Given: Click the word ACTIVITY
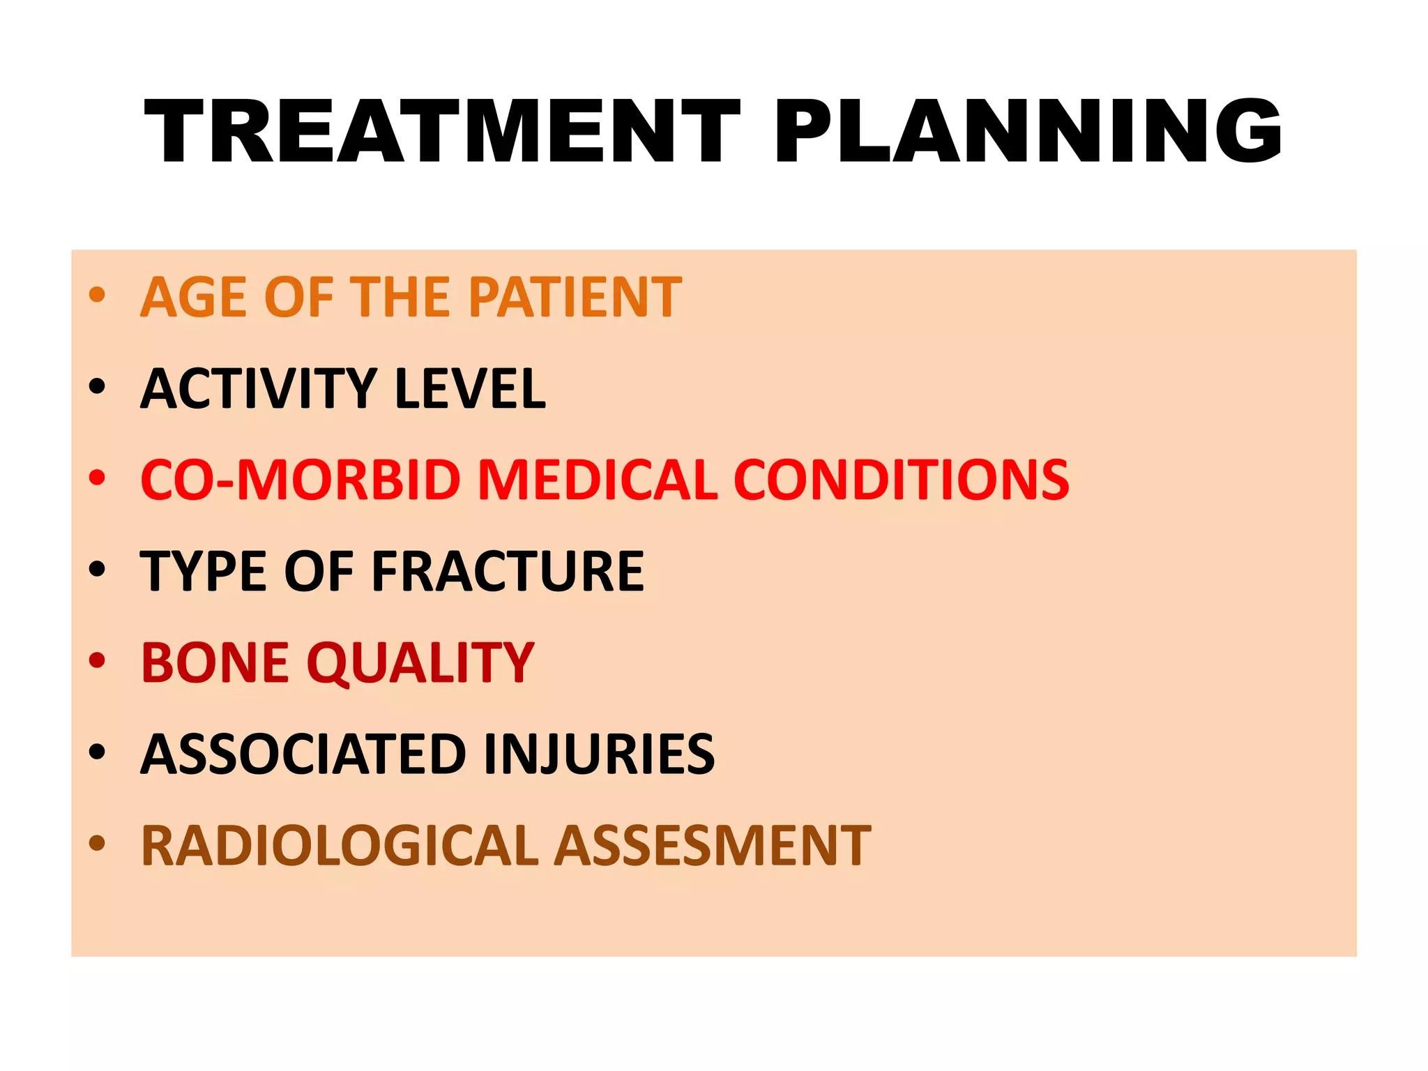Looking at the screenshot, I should click(x=258, y=388).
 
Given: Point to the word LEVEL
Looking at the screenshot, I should click(x=470, y=388).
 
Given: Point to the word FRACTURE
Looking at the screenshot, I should click(x=508, y=571).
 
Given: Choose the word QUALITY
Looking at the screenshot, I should click(x=420, y=662).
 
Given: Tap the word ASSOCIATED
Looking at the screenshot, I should click(x=303, y=754).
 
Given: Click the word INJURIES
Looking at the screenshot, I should click(x=599, y=754).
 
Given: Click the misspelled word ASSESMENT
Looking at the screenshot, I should click(x=713, y=846).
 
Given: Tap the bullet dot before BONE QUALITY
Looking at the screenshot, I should click(x=97, y=660).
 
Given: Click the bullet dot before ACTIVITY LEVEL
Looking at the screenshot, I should click(x=97, y=386).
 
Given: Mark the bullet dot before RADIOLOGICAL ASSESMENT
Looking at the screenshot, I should click(x=97, y=843).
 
